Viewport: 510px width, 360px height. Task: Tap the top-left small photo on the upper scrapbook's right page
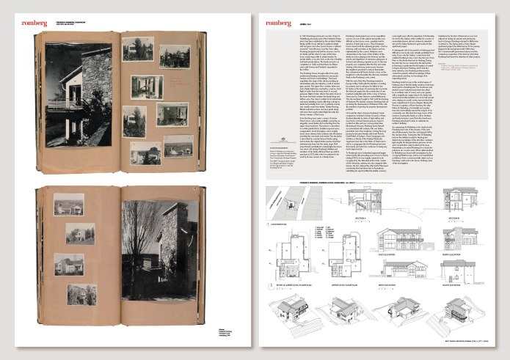(x=136, y=49)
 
